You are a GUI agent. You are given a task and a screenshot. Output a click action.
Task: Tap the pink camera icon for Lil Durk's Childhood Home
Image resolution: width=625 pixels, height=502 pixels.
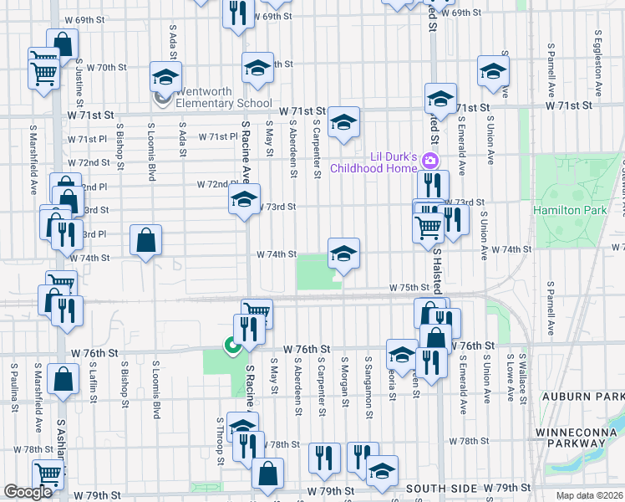[431, 160]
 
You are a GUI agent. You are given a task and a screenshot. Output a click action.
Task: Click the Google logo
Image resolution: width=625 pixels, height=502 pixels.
[28, 492]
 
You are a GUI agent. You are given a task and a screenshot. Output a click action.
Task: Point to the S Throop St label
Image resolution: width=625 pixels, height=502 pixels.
[221, 441]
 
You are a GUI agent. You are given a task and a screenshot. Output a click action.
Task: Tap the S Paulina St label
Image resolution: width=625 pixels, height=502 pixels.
[14, 387]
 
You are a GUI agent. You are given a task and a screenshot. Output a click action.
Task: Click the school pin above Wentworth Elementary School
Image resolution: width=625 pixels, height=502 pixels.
[165, 78]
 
